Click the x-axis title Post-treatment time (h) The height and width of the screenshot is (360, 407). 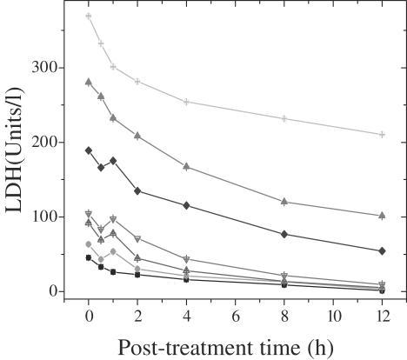click(x=228, y=347)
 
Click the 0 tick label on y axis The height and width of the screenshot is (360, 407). click(x=51, y=291)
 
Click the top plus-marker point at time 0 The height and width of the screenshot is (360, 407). click(x=89, y=17)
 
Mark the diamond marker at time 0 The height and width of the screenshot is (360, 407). click(x=89, y=150)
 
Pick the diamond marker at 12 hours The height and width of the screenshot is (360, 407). click(x=382, y=250)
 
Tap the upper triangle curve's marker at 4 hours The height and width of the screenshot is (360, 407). click(x=187, y=166)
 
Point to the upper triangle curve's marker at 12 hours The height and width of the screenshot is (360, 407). click(x=382, y=215)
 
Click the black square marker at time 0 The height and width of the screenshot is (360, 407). click(x=89, y=257)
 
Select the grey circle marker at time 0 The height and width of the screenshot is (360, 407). click(x=89, y=244)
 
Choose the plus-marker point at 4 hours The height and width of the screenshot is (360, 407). click(x=187, y=102)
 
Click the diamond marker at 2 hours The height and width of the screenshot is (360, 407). click(x=137, y=190)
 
